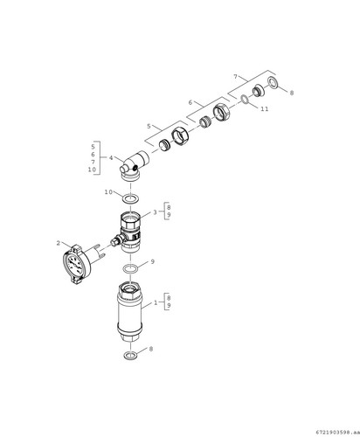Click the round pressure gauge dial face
coord(73,265)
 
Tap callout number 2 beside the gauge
coord(59,243)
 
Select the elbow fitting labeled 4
coord(134,165)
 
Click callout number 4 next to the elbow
coord(111,158)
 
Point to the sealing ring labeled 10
coord(130,199)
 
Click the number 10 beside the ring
coord(108,192)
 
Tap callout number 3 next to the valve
coord(156,212)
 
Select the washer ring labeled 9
coord(130,269)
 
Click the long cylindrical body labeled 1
coord(129,311)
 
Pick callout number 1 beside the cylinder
coord(156,302)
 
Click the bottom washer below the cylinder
coord(130,356)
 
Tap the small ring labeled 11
coord(245,100)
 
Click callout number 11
coord(265,108)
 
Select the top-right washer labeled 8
coord(273,82)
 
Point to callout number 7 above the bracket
coord(235,77)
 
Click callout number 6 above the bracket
coord(190,102)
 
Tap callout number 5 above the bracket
coord(149,126)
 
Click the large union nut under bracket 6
coord(222,112)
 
